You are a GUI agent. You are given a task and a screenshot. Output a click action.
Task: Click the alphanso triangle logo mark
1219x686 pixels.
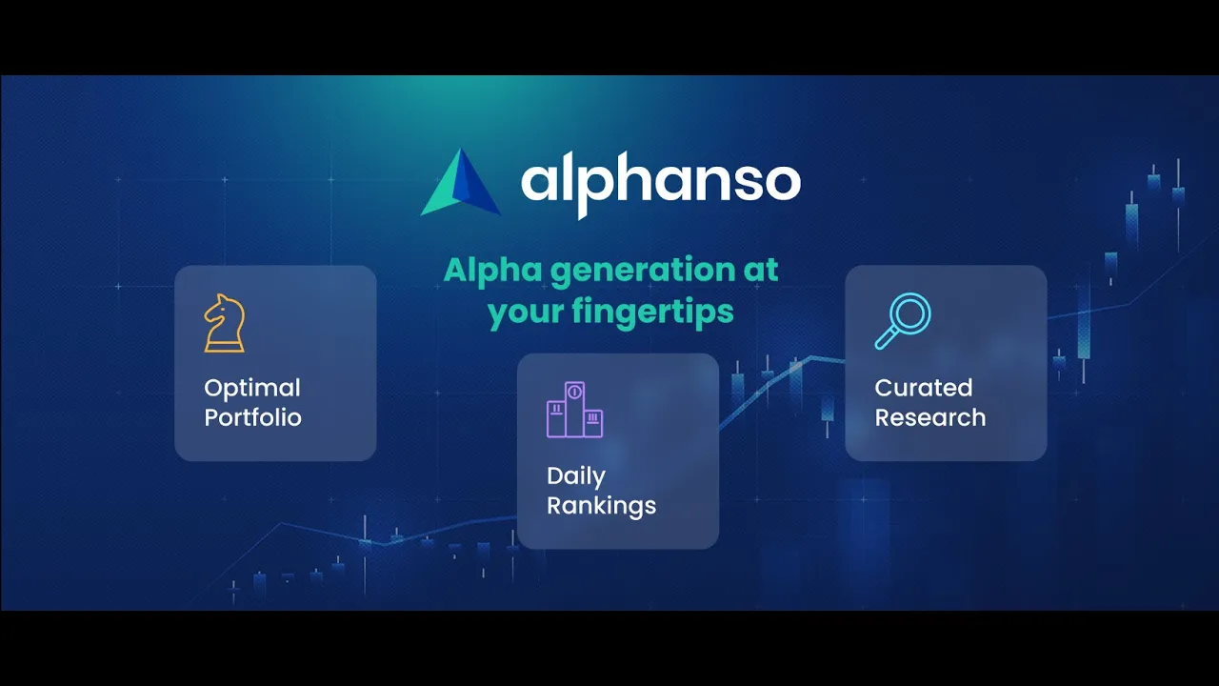coord(460,183)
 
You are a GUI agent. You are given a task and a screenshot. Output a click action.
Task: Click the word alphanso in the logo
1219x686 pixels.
coord(661,184)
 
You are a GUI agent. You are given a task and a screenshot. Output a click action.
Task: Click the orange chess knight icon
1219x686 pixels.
coord(224,323)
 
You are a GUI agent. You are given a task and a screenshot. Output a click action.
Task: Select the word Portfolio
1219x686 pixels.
coord(252,417)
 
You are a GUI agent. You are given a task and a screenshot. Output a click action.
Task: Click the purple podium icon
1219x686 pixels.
coord(574,410)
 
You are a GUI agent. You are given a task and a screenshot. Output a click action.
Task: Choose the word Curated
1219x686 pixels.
coord(924,388)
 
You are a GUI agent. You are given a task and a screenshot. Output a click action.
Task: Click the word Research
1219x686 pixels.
coord(930,417)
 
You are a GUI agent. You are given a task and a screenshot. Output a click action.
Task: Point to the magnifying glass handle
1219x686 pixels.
coord(885,338)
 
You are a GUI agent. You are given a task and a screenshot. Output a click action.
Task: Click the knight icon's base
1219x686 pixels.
coord(224,346)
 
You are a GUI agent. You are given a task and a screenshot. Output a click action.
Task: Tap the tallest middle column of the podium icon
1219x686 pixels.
coord(574,410)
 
